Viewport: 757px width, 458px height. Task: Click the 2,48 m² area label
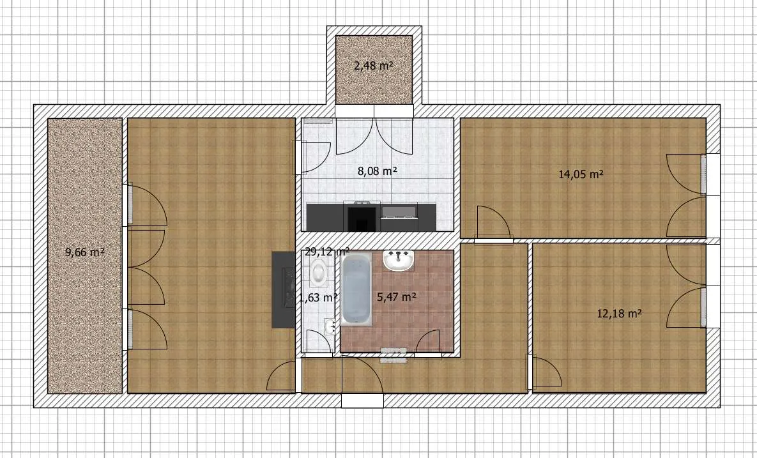[373, 65]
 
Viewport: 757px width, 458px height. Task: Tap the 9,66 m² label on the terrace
[85, 252]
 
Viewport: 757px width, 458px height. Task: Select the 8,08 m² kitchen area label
[377, 171]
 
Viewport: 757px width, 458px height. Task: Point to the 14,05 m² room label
[581, 174]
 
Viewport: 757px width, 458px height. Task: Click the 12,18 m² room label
[620, 313]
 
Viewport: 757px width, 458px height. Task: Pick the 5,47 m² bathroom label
[396, 297]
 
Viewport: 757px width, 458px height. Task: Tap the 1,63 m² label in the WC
[317, 298]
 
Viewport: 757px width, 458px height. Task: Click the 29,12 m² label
[327, 252]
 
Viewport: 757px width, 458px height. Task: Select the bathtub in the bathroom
[356, 289]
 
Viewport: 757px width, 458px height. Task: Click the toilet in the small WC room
[318, 271]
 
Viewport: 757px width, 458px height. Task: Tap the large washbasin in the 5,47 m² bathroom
[399, 261]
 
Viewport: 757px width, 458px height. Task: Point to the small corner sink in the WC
[330, 326]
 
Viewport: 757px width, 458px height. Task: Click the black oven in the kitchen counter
[362, 217]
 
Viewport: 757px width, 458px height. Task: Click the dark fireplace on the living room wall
[284, 289]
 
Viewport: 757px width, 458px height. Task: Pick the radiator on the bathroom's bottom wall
[394, 355]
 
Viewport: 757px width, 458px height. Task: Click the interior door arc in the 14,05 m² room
[493, 222]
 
